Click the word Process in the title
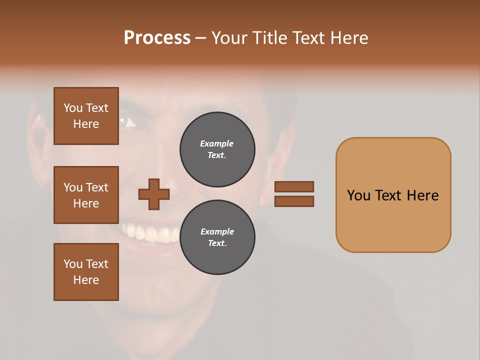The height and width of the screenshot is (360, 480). coord(157,38)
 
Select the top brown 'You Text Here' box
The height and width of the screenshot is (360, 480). coord(86,116)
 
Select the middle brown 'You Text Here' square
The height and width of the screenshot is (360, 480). coord(86,195)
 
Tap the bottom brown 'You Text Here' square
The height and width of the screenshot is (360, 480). coord(86,272)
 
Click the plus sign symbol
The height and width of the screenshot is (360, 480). coord(154,194)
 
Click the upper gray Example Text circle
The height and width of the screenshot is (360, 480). coord(217,149)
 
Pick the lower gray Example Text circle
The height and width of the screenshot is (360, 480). coord(217,237)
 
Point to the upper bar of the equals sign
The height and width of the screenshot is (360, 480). coord(294,186)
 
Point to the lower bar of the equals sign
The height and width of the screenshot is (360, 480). coord(294,201)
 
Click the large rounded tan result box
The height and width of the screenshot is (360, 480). coord(393,220)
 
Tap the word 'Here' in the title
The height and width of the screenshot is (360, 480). coord(349,38)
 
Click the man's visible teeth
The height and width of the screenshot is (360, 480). coord(150,233)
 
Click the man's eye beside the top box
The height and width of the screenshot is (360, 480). coord(128,121)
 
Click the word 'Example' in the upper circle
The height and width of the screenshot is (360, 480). coord(217,143)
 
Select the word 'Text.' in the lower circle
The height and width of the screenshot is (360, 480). coord(217,243)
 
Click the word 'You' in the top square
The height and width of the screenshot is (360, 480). coord(73,108)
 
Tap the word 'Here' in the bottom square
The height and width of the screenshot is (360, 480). coord(86,280)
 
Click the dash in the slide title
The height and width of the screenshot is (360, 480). coord(200,38)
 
